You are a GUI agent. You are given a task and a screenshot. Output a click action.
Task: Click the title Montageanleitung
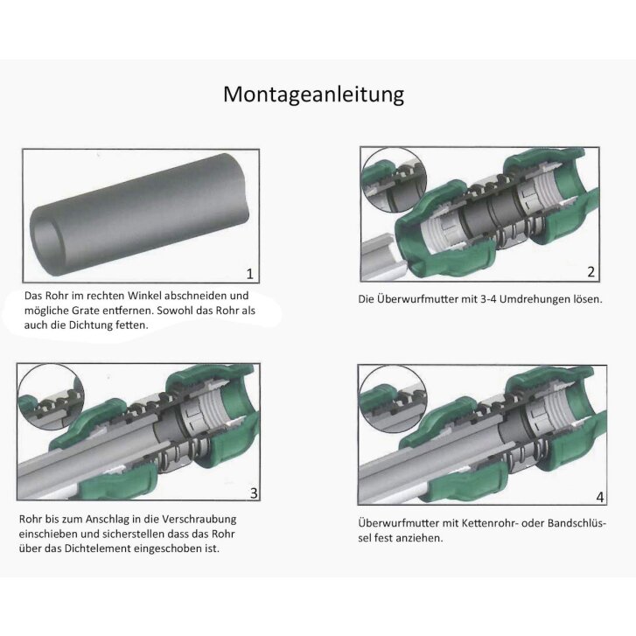313,94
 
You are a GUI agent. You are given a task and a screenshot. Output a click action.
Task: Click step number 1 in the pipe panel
250,274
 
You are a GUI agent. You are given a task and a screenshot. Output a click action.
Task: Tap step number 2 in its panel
591,271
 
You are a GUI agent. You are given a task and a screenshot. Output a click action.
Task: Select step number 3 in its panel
254,493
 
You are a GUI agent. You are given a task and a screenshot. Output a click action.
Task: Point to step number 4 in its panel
599,497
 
